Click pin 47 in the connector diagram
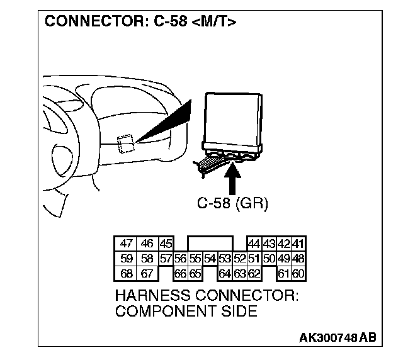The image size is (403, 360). coord(127,244)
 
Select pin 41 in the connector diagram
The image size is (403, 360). coord(298,244)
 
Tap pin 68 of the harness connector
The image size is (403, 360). coord(127,274)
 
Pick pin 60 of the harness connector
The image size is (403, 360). coord(298,274)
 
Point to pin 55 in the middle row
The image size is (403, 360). coord(195,259)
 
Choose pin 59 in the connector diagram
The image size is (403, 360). coord(127,259)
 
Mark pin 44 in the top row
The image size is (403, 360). coord(254,244)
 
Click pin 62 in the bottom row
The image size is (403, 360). coord(254,274)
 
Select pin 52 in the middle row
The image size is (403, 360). coord(239,259)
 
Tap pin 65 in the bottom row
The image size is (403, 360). coord(195,274)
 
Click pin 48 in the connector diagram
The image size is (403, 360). coord(298,259)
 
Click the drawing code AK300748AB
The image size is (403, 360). coord(338,337)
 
